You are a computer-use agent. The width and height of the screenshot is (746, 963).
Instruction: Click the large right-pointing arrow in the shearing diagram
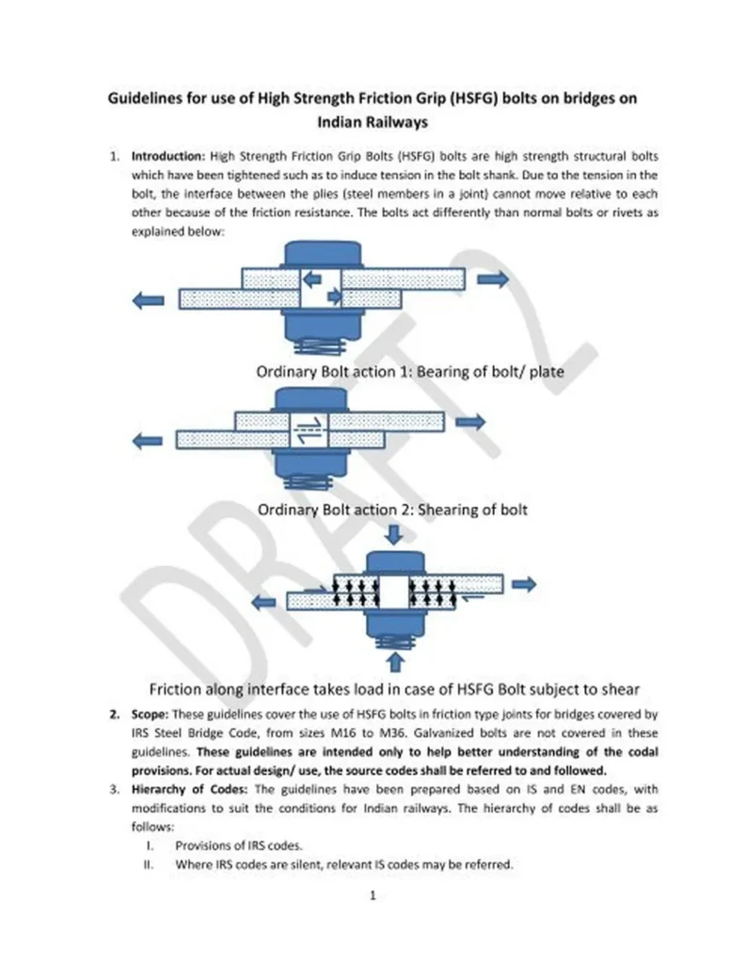coord(469,421)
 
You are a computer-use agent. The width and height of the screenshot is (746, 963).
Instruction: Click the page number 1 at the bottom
coord(373,896)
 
